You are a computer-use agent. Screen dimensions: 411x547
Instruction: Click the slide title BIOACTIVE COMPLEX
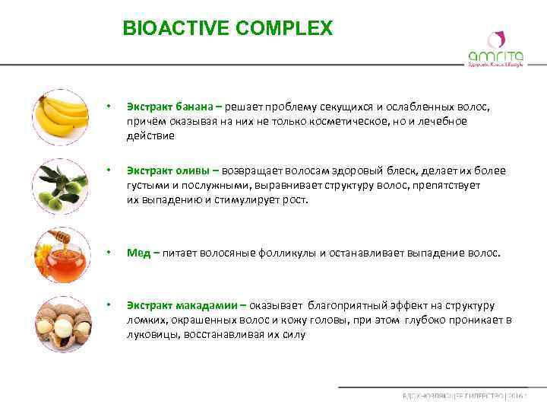coord(227,29)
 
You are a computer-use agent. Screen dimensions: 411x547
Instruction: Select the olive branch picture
coord(62,185)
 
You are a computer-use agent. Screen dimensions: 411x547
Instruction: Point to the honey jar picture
coord(62,253)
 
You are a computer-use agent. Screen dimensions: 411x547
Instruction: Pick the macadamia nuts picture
coord(62,320)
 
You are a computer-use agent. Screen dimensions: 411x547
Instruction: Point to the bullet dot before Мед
coord(109,252)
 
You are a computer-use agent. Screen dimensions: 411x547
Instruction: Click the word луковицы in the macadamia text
coord(153,334)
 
